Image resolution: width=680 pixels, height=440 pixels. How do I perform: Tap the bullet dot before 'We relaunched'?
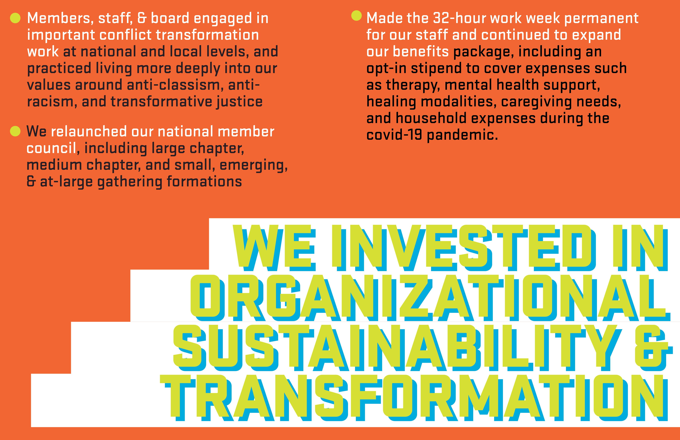[15, 131]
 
